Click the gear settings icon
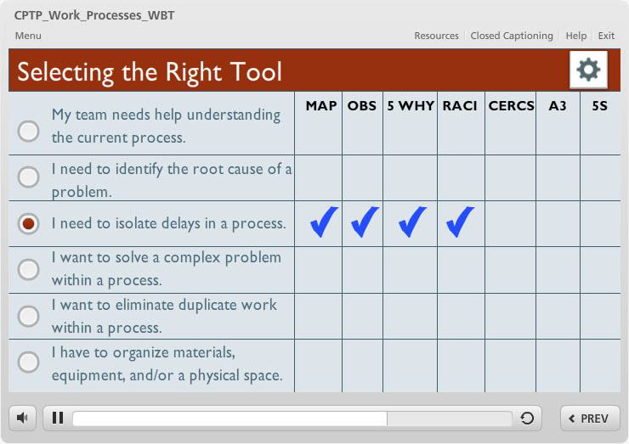(x=588, y=70)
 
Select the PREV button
(x=590, y=419)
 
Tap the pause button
(x=58, y=418)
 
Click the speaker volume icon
(x=22, y=419)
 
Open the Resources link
(x=436, y=36)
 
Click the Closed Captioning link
(x=512, y=36)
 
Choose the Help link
(x=575, y=36)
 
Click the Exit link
(x=606, y=36)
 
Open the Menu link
(x=28, y=36)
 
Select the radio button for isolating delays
(x=29, y=223)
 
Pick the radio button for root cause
(x=29, y=177)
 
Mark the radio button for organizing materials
(x=29, y=362)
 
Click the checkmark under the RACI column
(x=460, y=222)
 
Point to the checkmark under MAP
(x=324, y=222)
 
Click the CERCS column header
(x=511, y=106)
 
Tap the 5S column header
(x=600, y=106)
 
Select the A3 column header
(x=558, y=106)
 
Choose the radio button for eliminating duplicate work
(x=29, y=316)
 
